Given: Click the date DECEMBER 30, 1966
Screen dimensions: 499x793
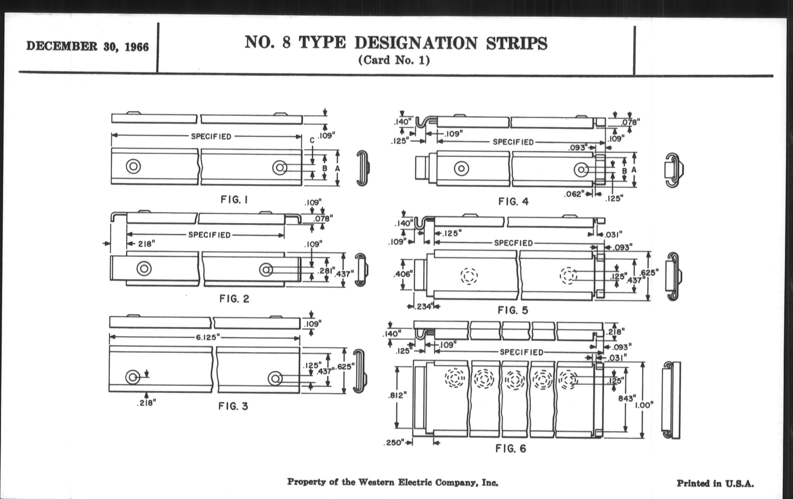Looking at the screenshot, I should (x=88, y=46).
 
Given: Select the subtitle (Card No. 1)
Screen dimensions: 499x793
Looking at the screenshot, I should (x=394, y=60).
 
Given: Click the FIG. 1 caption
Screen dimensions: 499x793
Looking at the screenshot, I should (x=234, y=200).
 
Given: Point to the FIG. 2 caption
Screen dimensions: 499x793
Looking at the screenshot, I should (x=234, y=299).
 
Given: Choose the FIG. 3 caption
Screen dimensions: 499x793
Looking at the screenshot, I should (x=233, y=406).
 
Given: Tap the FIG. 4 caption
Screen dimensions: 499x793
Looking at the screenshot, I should (x=513, y=202).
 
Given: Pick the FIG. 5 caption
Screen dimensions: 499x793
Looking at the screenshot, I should (x=513, y=310).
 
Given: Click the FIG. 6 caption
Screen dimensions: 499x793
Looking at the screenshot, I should (x=511, y=448).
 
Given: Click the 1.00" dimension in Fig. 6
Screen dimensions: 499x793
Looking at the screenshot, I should (x=644, y=405).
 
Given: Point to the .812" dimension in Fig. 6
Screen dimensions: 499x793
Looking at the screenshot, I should (x=397, y=395).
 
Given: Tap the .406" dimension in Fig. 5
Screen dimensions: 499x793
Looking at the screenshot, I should (x=403, y=274).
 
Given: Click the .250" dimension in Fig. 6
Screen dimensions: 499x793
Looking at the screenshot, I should (x=394, y=443).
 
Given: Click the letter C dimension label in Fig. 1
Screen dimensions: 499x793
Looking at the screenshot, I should (x=312, y=141).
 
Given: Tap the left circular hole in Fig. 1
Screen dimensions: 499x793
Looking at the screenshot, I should (x=133, y=166).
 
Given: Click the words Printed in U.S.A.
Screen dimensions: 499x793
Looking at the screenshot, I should (x=715, y=484).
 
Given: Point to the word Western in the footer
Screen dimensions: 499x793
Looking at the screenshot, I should (x=376, y=482).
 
